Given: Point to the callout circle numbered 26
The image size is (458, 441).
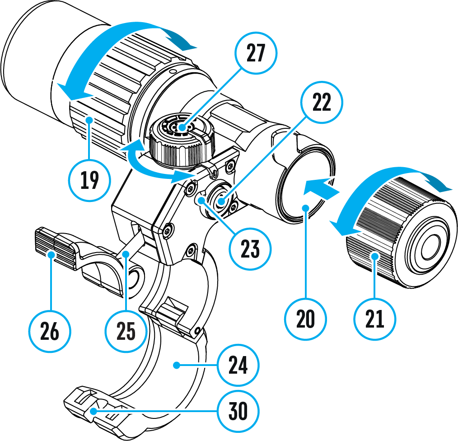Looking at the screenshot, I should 50,332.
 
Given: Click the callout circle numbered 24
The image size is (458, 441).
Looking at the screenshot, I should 238,365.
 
